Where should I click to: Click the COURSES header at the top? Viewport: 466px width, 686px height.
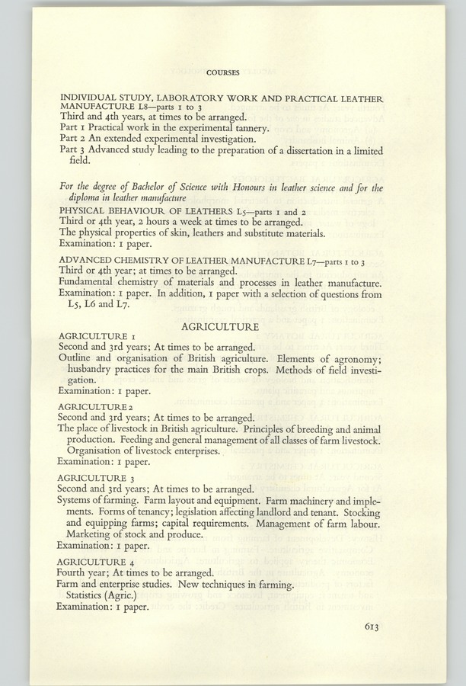click(223, 74)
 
